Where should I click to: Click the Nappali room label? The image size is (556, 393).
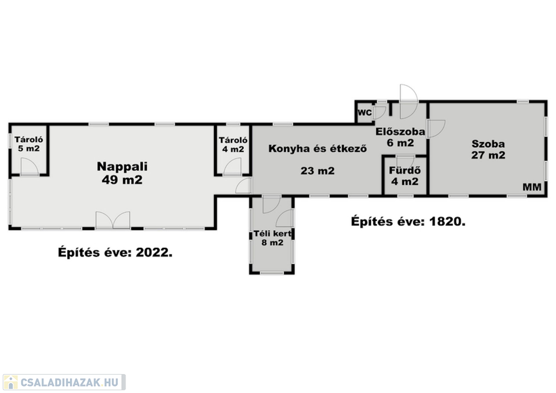[x=122, y=167]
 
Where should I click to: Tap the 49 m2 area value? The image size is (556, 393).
[x=122, y=180]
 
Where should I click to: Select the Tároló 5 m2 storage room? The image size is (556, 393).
[x=29, y=150]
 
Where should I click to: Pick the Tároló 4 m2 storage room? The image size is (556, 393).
[x=233, y=150]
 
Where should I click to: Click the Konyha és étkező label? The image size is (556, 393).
[x=317, y=148]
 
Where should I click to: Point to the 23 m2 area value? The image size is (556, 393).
[x=317, y=171]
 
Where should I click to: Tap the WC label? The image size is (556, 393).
[x=364, y=113]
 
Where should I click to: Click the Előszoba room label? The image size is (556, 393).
[x=400, y=132]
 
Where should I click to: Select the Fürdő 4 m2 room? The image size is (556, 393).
[x=405, y=175]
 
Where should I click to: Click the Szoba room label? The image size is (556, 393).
[x=488, y=144]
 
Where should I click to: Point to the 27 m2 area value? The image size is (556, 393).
[x=488, y=155]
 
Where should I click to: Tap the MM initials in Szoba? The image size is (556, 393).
[x=532, y=187]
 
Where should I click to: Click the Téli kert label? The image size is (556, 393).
[x=273, y=233]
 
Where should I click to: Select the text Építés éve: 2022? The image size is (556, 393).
[x=115, y=252]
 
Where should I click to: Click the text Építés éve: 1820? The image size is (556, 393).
[x=408, y=221]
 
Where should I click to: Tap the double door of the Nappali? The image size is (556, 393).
[x=113, y=220]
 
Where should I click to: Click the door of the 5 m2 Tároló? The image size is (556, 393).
[x=30, y=167]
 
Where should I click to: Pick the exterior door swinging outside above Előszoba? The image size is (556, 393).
[x=409, y=93]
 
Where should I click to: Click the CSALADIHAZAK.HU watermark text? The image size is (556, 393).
[x=69, y=382]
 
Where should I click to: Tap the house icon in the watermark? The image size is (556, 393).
[x=10, y=382]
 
